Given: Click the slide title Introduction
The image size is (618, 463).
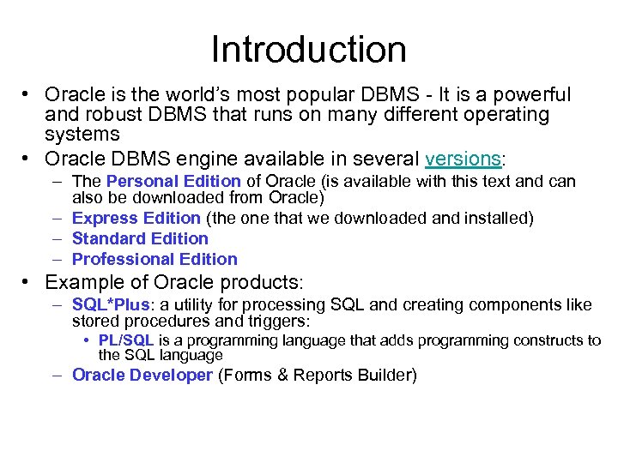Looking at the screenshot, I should [309, 50].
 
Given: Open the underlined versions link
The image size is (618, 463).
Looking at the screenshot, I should [463, 159].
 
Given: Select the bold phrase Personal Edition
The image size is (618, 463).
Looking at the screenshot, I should [173, 182].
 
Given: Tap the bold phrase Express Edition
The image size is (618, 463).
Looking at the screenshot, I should [136, 219].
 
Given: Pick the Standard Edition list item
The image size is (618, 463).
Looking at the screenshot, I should [140, 239].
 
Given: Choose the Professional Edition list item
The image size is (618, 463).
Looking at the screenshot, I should [154, 259].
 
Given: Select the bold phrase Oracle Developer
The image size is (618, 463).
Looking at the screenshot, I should [142, 375].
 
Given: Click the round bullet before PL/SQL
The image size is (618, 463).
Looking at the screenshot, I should [88, 341].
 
